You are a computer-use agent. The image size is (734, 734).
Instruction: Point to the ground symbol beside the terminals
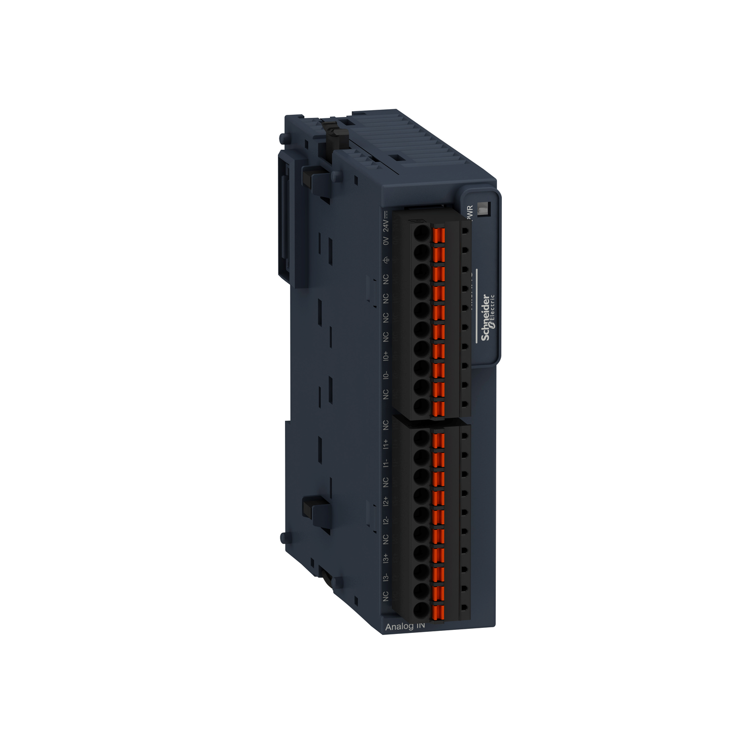point(386,260)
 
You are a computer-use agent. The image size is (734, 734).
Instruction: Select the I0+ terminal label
point(386,356)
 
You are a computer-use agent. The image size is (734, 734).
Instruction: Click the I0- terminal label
point(386,375)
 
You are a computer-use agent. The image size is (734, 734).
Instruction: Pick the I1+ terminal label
point(386,443)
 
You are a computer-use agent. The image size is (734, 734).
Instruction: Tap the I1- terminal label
point(386,463)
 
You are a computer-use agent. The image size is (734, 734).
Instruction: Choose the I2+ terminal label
point(386,501)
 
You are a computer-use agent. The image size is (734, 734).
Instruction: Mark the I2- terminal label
point(386,520)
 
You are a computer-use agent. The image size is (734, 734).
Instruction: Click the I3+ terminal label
point(386,558)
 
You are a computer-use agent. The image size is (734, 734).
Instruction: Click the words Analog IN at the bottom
point(405,626)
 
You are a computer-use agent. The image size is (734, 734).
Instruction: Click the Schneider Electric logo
point(487,317)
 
